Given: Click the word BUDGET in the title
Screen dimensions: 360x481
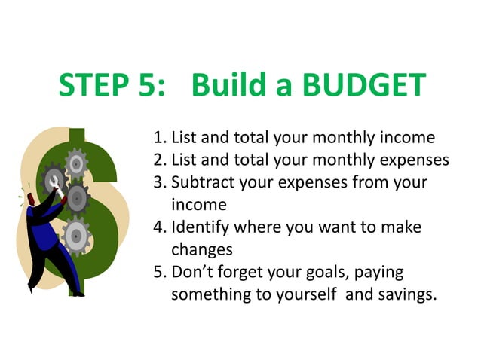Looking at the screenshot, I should pos(364,85).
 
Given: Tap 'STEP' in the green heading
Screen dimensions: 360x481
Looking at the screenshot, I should pos(93,85).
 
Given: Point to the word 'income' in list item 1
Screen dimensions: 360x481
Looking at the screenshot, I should pos(408,138).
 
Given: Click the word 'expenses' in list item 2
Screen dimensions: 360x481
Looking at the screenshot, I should pos(415,160).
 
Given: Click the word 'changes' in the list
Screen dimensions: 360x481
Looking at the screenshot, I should pos(202,249).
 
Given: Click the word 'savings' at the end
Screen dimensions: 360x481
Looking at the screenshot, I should pos(406,294).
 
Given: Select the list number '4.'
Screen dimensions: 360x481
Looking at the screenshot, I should pos(160,227).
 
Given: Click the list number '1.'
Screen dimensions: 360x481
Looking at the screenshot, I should pos(160,138).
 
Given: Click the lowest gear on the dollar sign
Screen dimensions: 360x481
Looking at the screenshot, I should pos(75,235).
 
